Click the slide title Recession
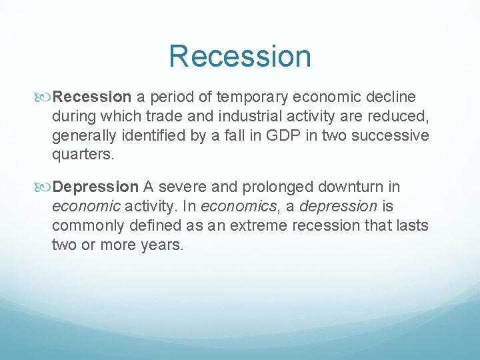pyautogui.click(x=240, y=56)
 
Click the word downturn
pyautogui.click(x=359, y=187)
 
